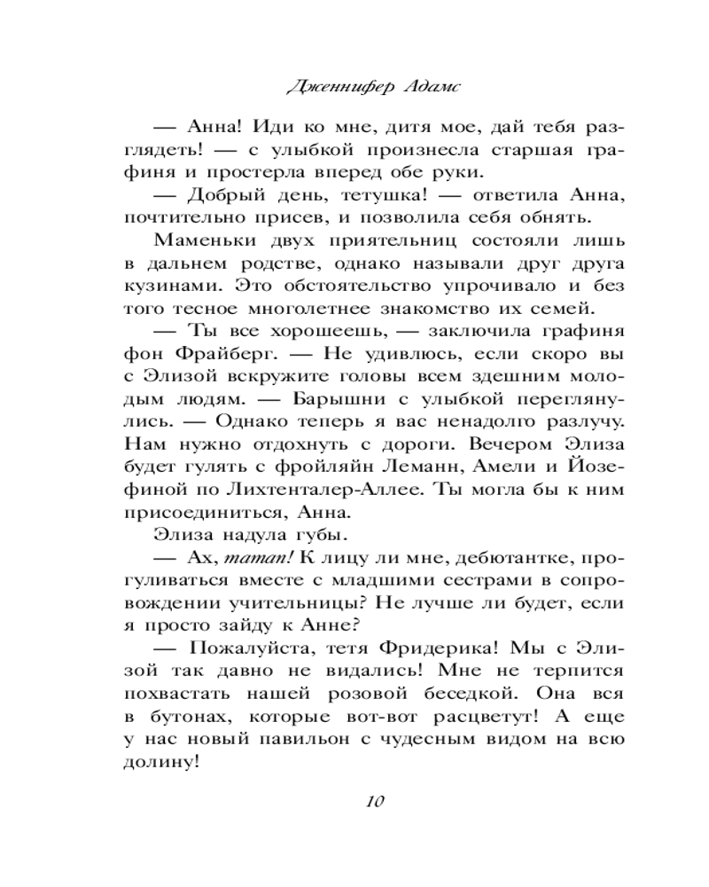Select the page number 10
coord(371,802)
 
